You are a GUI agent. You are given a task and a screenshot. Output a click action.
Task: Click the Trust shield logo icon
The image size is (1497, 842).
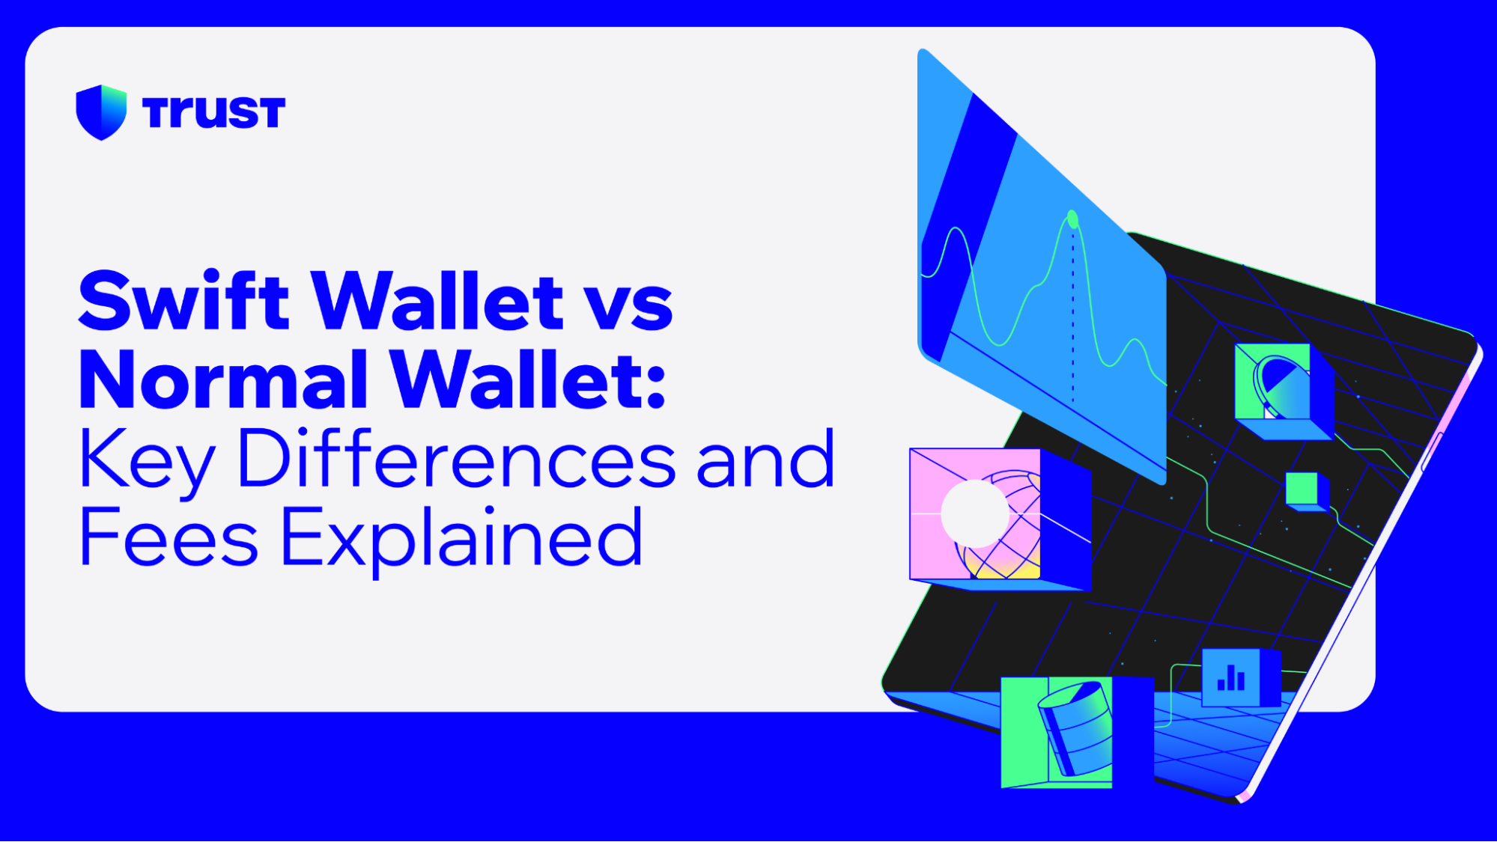[x=101, y=112]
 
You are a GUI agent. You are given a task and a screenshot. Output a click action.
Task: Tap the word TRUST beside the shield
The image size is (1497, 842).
[x=213, y=113]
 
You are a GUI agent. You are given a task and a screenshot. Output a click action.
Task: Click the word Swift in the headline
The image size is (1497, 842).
[x=183, y=301]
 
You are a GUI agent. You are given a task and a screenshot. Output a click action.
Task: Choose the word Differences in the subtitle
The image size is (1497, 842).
[x=457, y=459]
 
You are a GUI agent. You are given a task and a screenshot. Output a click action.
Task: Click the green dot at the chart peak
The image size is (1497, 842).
[x=1072, y=219]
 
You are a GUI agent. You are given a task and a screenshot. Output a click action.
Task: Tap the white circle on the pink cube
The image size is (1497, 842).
[x=975, y=513]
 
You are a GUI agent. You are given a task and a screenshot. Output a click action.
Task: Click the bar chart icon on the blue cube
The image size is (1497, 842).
[x=1231, y=678]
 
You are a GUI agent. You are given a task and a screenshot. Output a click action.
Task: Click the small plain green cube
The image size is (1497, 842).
[x=1302, y=489]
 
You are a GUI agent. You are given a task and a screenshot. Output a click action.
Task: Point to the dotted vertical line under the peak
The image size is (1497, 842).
[x=1073, y=314]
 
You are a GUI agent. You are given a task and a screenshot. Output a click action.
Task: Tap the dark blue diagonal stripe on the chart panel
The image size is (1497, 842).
[x=966, y=225]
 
